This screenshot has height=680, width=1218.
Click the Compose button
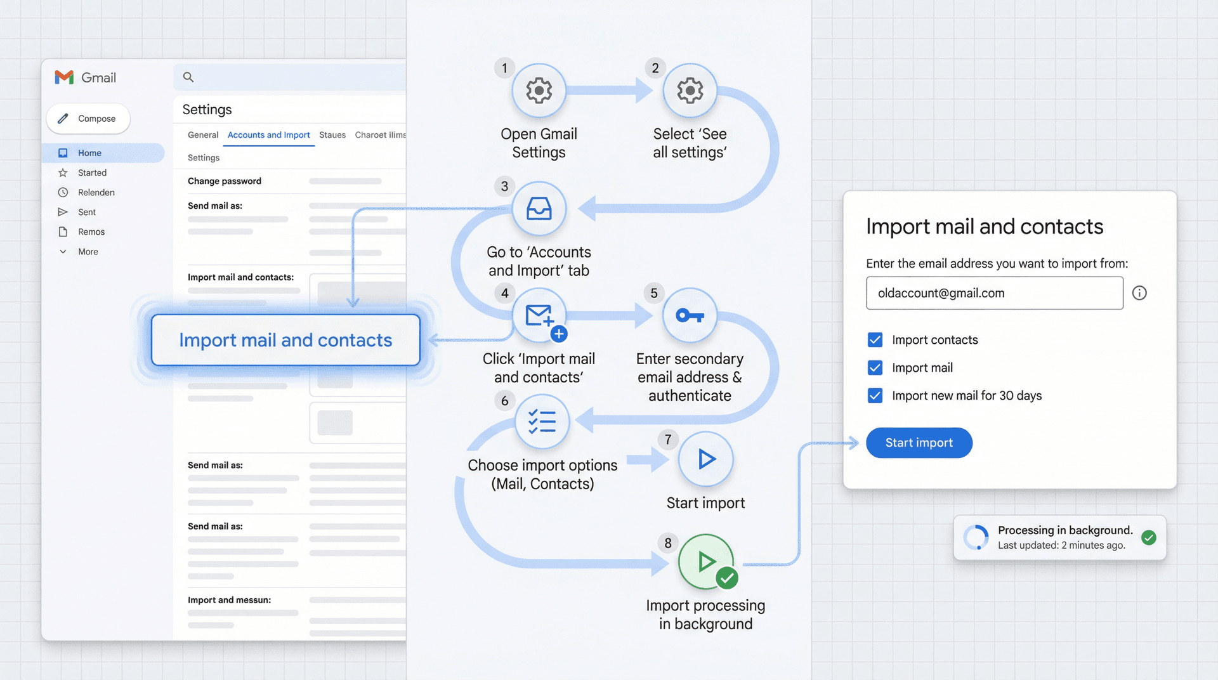(x=88, y=119)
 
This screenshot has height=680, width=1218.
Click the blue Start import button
(x=919, y=443)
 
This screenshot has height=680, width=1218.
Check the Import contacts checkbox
(x=875, y=340)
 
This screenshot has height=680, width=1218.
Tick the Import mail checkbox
(x=875, y=368)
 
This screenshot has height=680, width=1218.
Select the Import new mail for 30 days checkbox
(x=875, y=396)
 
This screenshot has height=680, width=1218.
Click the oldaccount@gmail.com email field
(x=994, y=293)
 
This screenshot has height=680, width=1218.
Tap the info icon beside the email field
(x=1139, y=293)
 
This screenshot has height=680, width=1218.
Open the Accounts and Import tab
(x=268, y=135)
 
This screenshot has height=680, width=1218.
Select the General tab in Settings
(x=203, y=135)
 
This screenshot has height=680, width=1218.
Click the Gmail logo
(x=65, y=77)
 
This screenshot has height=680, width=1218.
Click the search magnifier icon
(x=188, y=77)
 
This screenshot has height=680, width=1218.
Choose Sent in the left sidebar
(x=87, y=212)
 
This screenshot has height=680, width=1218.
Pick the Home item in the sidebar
(x=89, y=153)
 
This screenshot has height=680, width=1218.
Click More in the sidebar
(x=88, y=252)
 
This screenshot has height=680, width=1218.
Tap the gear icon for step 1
(x=539, y=91)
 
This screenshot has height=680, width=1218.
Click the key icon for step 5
(x=690, y=315)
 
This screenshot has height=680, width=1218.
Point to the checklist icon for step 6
(x=542, y=421)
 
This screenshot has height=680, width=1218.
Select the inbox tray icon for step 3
(x=539, y=209)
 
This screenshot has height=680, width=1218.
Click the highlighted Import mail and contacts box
(x=285, y=340)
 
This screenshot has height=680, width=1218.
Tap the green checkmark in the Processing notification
(x=1148, y=538)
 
